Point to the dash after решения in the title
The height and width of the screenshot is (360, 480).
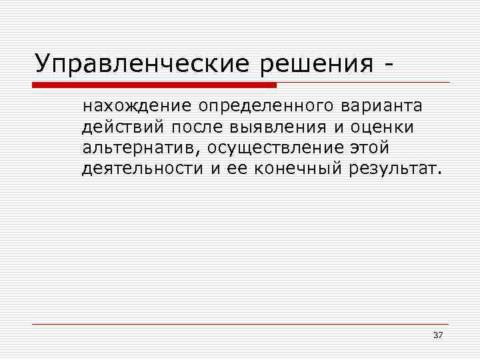pos(387,65)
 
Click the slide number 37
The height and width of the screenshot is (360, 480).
pos(438,334)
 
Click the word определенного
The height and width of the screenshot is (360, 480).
pos(268,106)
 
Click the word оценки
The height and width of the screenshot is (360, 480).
pos(385,127)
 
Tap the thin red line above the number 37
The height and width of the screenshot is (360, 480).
pos(240,324)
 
